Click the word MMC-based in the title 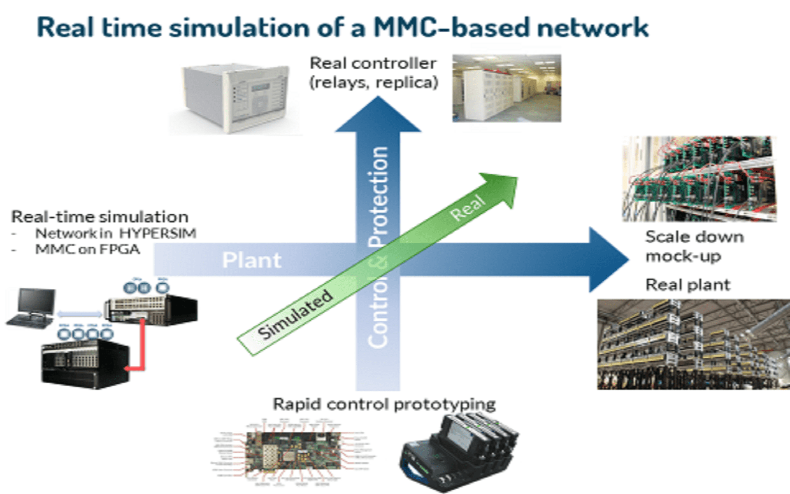[x=451, y=28]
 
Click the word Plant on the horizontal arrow [x=251, y=260]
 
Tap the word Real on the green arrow [x=467, y=208]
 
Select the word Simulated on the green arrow [x=295, y=314]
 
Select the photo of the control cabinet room [x=507, y=88]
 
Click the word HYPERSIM [x=158, y=233]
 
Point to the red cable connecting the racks [x=142, y=346]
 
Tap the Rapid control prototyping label [x=384, y=404]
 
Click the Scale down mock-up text [x=694, y=246]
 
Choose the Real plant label [x=688, y=285]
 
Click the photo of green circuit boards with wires [x=699, y=179]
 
